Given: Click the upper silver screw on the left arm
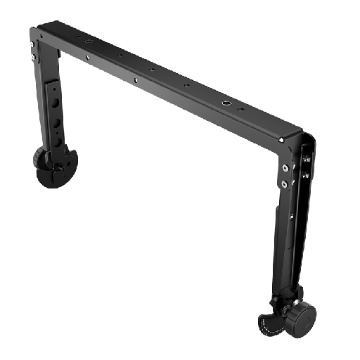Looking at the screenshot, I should (x=32, y=43).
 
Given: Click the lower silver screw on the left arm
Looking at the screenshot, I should (x=32, y=56).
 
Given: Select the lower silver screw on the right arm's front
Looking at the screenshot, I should (x=284, y=184).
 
